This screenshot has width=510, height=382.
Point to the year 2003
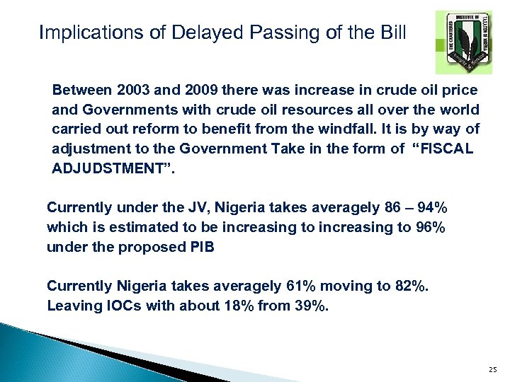[130, 91]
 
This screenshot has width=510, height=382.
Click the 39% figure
[312, 306]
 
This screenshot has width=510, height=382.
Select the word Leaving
[71, 306]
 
